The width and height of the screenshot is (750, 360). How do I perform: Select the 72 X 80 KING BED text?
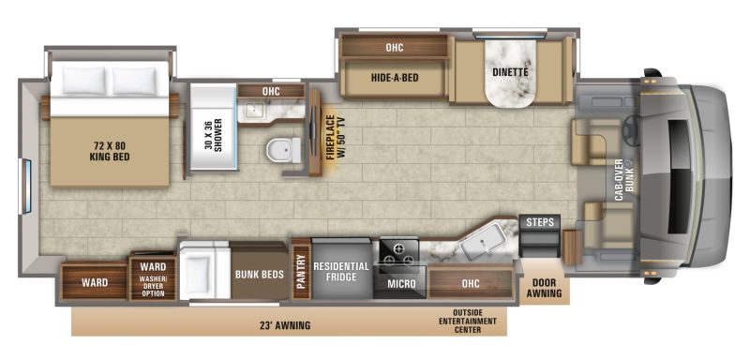[110, 151]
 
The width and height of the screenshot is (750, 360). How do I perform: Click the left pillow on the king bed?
[83, 80]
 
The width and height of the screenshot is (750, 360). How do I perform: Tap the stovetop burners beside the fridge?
[398, 254]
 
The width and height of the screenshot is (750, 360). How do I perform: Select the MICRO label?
[401, 284]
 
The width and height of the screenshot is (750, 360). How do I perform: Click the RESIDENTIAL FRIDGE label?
[341, 271]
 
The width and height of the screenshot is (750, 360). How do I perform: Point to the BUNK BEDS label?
[260, 275]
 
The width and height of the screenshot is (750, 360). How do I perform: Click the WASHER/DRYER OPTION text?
[153, 286]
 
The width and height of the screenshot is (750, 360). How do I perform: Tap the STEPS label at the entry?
[540, 222]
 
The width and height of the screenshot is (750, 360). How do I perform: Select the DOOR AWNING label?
[545, 289]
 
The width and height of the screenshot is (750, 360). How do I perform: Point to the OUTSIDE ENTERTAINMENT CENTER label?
[468, 321]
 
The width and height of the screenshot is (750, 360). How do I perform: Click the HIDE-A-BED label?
[395, 77]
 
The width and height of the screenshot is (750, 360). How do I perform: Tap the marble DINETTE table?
[511, 73]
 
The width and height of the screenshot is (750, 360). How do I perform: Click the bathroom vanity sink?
[251, 111]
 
